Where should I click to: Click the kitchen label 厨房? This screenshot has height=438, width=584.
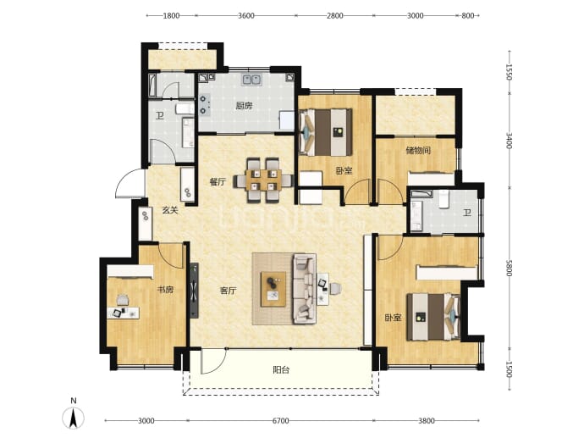(244, 106)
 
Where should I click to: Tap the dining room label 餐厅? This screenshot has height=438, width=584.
(218, 182)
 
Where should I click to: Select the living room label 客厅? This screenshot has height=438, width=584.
(228, 291)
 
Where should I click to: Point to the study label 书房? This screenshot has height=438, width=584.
(165, 290)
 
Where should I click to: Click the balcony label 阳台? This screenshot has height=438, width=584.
(281, 370)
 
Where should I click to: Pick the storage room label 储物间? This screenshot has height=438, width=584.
(418, 151)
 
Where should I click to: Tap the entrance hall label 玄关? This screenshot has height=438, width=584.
(170, 210)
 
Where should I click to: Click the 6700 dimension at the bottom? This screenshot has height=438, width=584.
(280, 421)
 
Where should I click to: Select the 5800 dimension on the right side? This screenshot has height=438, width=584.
(510, 268)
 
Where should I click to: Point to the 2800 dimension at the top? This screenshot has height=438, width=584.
(335, 15)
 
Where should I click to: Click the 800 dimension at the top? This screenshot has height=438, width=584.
(468, 15)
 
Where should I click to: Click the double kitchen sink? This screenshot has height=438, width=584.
(251, 80)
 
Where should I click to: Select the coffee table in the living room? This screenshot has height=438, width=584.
(273, 289)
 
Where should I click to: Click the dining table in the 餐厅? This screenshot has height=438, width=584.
(263, 180)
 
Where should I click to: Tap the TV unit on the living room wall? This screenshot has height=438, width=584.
(194, 291)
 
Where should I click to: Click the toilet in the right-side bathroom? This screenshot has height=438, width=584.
(444, 199)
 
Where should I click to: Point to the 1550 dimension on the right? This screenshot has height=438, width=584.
(510, 72)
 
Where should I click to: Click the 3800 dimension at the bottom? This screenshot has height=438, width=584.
(426, 421)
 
